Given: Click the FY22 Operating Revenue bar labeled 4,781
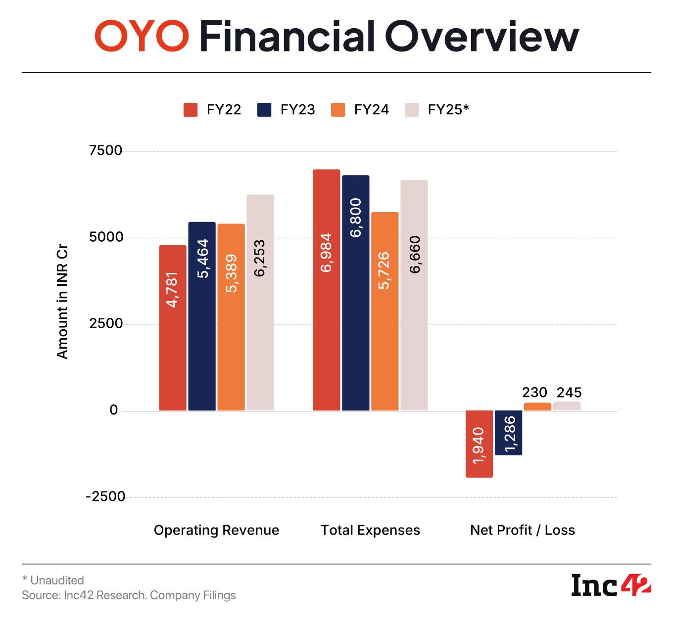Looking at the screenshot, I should [173, 328].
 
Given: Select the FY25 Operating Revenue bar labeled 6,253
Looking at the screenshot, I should [260, 303].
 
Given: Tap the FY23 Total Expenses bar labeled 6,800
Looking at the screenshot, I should [355, 293].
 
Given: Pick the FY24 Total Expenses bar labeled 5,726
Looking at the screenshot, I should [385, 311].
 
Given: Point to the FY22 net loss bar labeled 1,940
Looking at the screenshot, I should [479, 444].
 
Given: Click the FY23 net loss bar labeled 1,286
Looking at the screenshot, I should [508, 433].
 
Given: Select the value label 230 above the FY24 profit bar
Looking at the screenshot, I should [534, 393].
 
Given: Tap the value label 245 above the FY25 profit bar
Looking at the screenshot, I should [569, 393].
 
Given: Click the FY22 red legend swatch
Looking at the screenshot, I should [191, 110].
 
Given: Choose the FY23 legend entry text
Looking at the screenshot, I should [297, 110].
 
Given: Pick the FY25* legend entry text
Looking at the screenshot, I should [448, 110].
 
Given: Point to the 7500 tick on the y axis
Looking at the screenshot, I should [105, 151].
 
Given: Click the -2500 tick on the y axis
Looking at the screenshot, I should [105, 497].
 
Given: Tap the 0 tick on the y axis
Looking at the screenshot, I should [114, 410].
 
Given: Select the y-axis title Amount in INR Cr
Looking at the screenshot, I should [62, 302].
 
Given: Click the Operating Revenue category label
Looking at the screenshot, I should [216, 531].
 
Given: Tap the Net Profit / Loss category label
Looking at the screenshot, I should [522, 531].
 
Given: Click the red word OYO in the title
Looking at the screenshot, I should [142, 37].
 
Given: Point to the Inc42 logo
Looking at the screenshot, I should [611, 586].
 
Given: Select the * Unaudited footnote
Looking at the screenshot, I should [53, 580].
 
